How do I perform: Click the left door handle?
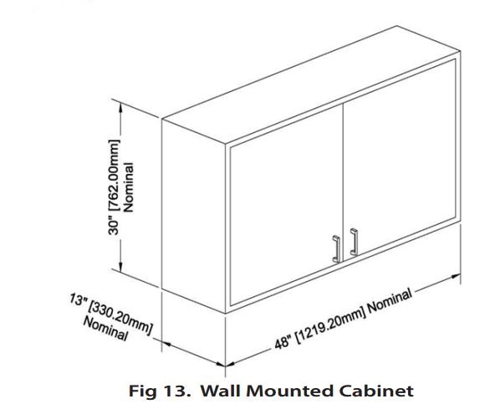(336, 249)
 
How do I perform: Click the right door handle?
(354, 242)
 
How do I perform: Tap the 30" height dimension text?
(114, 226)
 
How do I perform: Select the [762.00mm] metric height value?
(114, 176)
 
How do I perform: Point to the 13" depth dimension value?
(78, 299)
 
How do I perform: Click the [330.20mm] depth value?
(120, 316)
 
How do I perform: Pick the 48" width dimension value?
(283, 342)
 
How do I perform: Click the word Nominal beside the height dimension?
(129, 187)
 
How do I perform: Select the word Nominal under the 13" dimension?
(105, 329)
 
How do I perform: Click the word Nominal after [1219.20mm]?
(390, 301)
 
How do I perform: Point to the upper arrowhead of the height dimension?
(120, 107)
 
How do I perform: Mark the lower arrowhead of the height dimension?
(120, 266)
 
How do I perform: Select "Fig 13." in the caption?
(160, 391)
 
